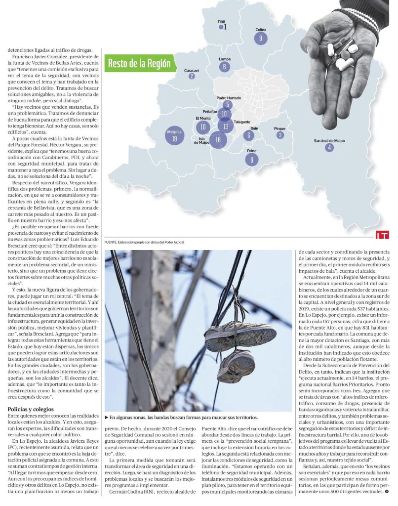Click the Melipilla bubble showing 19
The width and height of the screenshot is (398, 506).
click(174, 138)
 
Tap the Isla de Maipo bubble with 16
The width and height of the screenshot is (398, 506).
click(218, 140)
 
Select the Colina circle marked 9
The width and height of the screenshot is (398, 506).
click(261, 38)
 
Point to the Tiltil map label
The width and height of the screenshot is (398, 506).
click(221, 22)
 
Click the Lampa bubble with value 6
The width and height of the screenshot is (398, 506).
click(225, 67)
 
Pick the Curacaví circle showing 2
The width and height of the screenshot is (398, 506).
click(192, 76)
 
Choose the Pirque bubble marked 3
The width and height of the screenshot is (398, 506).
click(280, 135)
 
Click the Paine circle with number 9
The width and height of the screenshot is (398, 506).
click(252, 159)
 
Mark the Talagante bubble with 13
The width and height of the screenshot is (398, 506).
click(226, 126)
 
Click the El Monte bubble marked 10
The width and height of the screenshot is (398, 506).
click(202, 126)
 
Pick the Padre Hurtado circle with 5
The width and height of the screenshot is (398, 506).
click(228, 104)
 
